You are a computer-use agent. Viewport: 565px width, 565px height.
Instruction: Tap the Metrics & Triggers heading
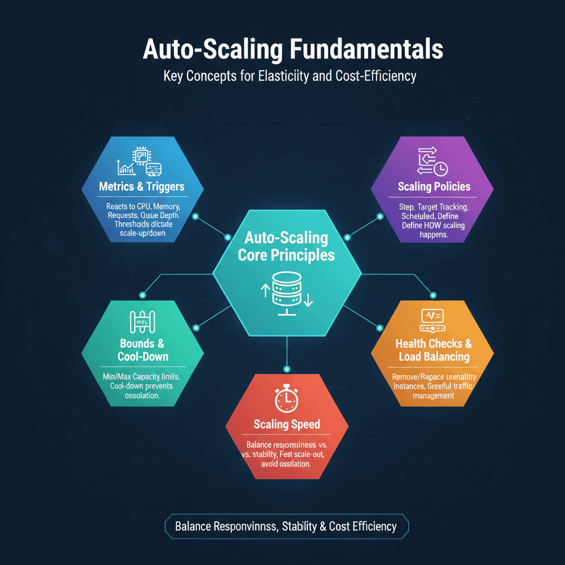(x=142, y=186)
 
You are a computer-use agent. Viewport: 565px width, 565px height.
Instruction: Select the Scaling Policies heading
(x=434, y=186)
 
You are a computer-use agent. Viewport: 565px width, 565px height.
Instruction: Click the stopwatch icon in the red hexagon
(x=286, y=398)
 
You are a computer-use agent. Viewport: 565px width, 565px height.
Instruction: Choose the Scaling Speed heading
(x=287, y=424)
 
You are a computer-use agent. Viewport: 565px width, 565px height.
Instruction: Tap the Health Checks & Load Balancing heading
(x=434, y=350)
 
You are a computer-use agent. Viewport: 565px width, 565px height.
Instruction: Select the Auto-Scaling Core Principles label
(x=286, y=247)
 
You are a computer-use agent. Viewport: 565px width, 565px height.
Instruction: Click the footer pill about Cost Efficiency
(x=286, y=526)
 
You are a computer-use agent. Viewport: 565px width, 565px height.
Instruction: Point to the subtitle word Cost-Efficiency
(x=375, y=76)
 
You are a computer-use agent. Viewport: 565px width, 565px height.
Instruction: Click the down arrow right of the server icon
(x=308, y=299)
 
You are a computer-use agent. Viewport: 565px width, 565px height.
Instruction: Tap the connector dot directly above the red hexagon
(x=286, y=369)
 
